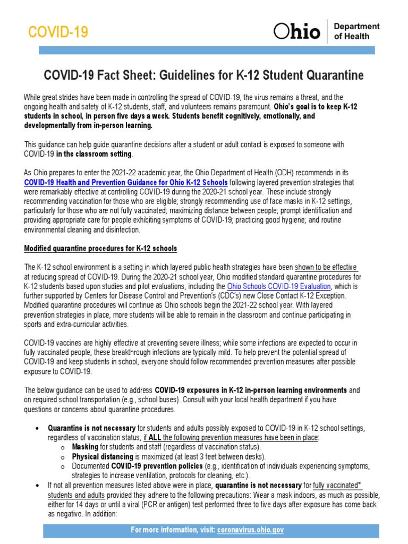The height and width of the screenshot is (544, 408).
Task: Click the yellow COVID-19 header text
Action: [58, 32]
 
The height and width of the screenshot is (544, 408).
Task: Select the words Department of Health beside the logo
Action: [356, 31]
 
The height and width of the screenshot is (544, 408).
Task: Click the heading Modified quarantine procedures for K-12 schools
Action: [101, 249]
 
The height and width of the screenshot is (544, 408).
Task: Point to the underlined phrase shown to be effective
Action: [326, 267]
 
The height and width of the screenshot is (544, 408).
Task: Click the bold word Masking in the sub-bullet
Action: [85, 447]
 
